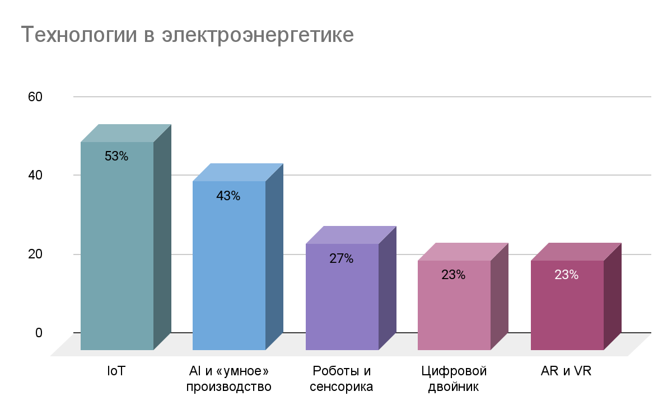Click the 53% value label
[x=116, y=157]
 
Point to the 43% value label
[x=228, y=196]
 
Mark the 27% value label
[x=341, y=259]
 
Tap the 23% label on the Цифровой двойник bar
[x=454, y=275]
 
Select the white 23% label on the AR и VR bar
[x=566, y=275]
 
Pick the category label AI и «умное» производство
[x=229, y=379]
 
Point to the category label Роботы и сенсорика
[x=342, y=379]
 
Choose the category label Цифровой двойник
[x=454, y=379]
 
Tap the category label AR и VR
[x=566, y=371]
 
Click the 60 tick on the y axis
[x=35, y=97]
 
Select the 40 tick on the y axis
[x=35, y=175]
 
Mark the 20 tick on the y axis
[x=35, y=254]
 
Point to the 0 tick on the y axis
[x=39, y=333]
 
